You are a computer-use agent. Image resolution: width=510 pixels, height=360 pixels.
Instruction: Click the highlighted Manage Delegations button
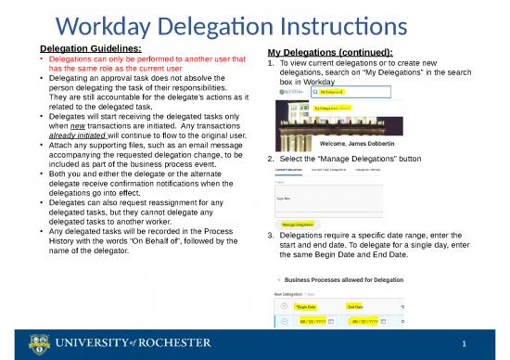(297, 224)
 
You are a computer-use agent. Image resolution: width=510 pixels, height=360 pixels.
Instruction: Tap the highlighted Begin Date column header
(306, 305)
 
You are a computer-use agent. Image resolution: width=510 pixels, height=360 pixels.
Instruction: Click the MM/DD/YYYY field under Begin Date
(311, 322)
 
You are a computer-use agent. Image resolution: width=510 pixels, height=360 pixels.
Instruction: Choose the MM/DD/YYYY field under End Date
(362, 322)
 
